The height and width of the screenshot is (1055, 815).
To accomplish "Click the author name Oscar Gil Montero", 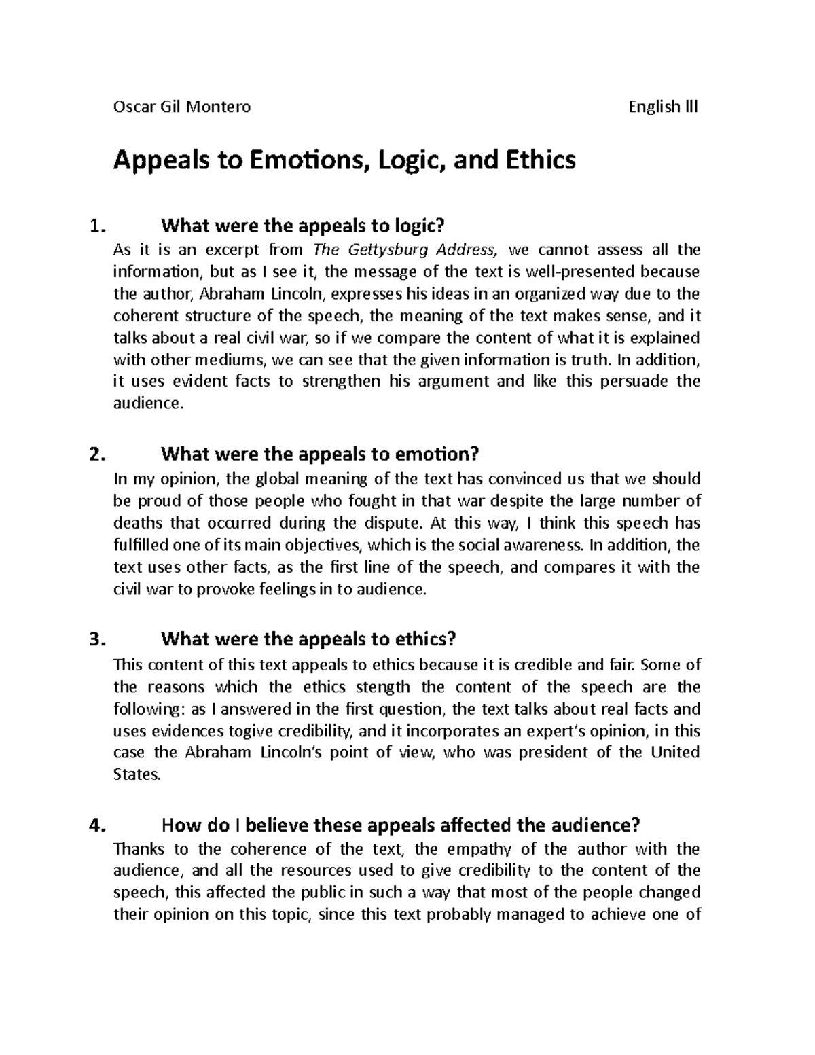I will click(x=181, y=107).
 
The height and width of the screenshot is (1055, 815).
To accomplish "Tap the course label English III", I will click(x=664, y=107).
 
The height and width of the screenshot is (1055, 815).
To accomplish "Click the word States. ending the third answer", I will click(x=137, y=774).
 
